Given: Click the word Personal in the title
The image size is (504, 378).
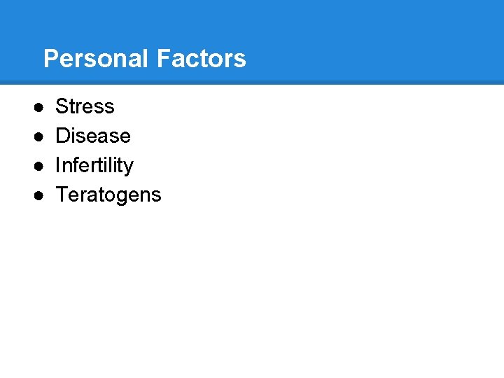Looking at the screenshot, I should point(97,59).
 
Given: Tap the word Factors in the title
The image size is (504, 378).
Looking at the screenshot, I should point(202,59).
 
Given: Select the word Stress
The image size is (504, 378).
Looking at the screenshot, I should point(85,106).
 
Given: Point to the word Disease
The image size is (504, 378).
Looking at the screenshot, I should point(93,136).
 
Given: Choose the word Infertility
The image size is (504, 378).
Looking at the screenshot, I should point(94,165).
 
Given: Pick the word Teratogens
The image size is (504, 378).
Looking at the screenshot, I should point(108,195).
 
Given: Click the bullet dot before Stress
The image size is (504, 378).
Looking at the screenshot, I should point(38,107).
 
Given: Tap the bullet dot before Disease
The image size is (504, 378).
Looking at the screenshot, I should point(38,136).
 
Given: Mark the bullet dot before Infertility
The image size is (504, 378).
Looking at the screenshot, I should point(38,166).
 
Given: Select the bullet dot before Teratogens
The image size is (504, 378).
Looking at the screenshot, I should point(38,195).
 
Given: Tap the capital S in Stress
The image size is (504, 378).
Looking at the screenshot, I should point(62,106).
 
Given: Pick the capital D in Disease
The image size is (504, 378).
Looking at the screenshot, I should point(62,136).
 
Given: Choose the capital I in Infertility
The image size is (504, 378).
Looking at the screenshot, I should point(58,165).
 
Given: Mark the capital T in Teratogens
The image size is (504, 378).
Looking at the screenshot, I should point(61,195).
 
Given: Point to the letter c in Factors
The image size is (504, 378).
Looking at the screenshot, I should point(190,60).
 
